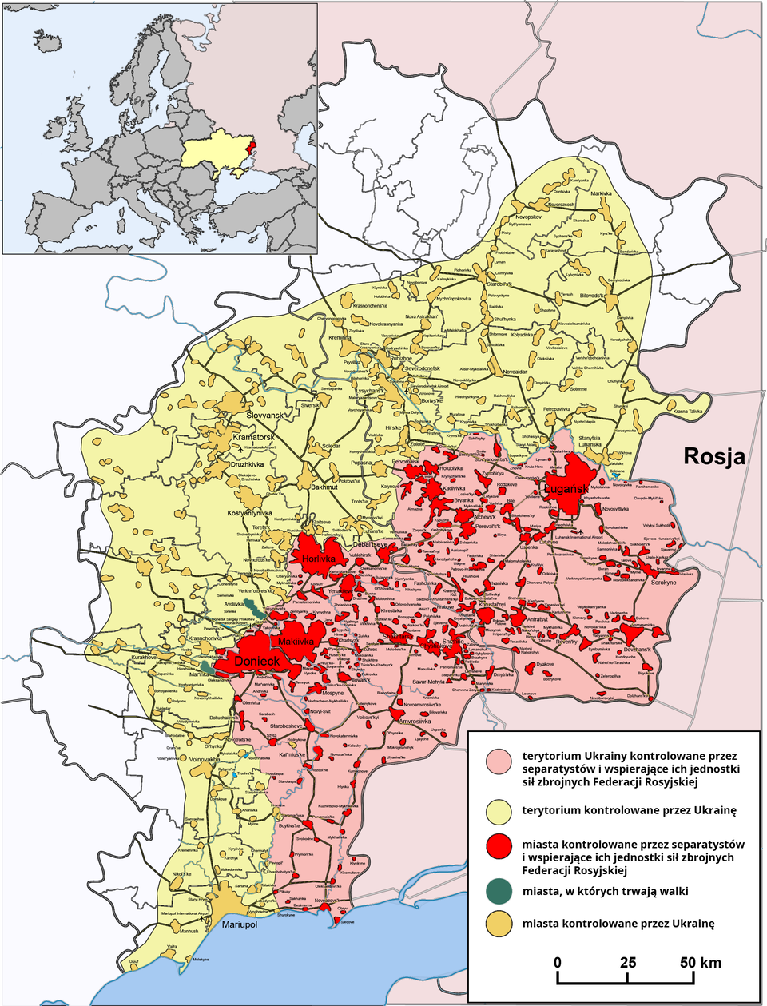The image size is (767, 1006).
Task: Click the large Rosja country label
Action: pyautogui.click(x=713, y=456)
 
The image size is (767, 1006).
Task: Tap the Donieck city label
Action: pyautogui.click(x=256, y=662)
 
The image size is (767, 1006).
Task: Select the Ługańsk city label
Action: pyautogui.click(x=566, y=488)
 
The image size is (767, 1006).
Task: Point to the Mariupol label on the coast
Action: pyautogui.click(x=240, y=924)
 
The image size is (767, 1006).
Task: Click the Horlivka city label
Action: pyautogui.click(x=319, y=559)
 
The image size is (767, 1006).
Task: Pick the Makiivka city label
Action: pyautogui.click(x=296, y=642)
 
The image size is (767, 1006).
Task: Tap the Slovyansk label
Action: pyautogui.click(x=264, y=416)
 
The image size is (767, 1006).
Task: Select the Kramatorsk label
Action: pyautogui.click(x=253, y=438)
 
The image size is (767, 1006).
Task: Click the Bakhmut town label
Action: pyautogui.click(x=324, y=487)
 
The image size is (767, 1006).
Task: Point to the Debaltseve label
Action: pyautogui.click(x=369, y=543)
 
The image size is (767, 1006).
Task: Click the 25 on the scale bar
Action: pyautogui.click(x=628, y=962)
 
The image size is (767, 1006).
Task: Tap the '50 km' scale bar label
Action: pyautogui.click(x=700, y=962)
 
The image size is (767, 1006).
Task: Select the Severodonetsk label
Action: pyautogui.click(x=421, y=368)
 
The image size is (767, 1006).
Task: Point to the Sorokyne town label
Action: pyautogui.click(x=663, y=583)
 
